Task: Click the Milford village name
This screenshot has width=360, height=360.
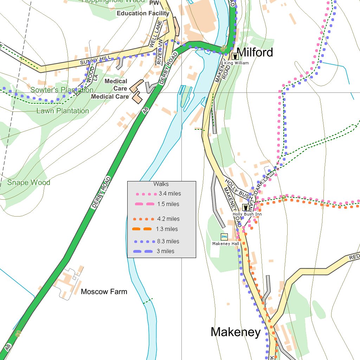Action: pyautogui.click(x=255, y=52)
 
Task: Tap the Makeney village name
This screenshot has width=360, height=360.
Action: pyautogui.click(x=236, y=332)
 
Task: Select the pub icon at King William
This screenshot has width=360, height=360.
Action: pyautogui.click(x=235, y=56)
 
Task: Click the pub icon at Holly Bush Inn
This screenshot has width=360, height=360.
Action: pyautogui.click(x=245, y=207)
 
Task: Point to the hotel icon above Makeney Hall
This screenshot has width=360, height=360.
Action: pyautogui.click(x=224, y=237)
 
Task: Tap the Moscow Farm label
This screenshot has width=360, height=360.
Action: pyautogui.click(x=104, y=291)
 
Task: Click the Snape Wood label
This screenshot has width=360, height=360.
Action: pyautogui.click(x=29, y=182)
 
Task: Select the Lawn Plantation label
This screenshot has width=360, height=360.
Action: pyautogui.click(x=63, y=111)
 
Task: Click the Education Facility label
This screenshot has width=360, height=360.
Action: pyautogui.click(x=143, y=13)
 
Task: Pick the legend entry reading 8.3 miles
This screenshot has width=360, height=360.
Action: pyautogui.click(x=168, y=241)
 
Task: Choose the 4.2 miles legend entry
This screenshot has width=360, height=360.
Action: pyautogui.click(x=168, y=219)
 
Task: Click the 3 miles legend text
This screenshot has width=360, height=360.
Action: pyautogui.click(x=165, y=251)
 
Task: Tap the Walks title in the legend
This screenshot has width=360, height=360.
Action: pyautogui.click(x=161, y=184)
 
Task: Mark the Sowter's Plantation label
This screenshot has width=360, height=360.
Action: pyautogui.click(x=62, y=90)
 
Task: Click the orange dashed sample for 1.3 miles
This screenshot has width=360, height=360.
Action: pyautogui.click(x=142, y=229)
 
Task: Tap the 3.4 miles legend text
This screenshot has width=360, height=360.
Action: pyautogui.click(x=170, y=193)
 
